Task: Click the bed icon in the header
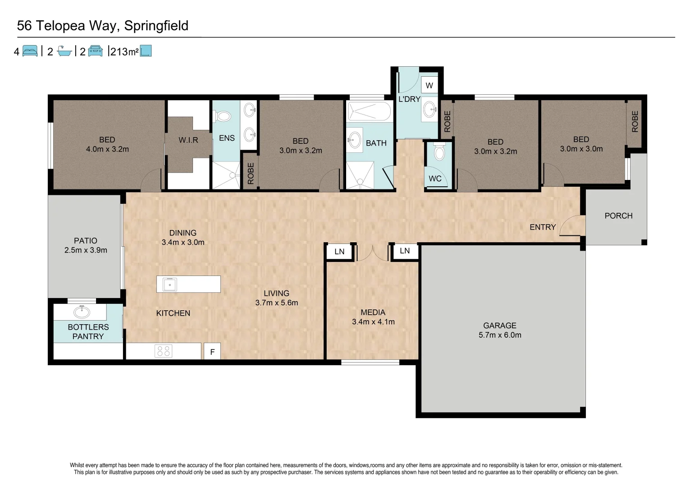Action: point(30,51)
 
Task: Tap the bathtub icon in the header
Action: point(64,51)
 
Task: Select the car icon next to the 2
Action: point(96,51)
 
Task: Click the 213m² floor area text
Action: point(124,52)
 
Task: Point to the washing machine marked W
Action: point(429,85)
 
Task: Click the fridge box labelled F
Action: point(212,352)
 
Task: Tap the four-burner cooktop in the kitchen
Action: point(163,351)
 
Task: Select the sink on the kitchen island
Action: point(170,285)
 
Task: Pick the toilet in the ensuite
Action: point(223,116)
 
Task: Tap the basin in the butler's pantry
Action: point(82,312)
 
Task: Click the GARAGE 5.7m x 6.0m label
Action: point(500,330)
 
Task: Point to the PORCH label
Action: point(618,216)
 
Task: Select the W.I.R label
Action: point(188,140)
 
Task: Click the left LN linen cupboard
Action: point(339,252)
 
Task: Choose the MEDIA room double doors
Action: point(372,253)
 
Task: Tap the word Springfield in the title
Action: point(156,26)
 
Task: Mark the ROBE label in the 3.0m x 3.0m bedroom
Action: point(635,121)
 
